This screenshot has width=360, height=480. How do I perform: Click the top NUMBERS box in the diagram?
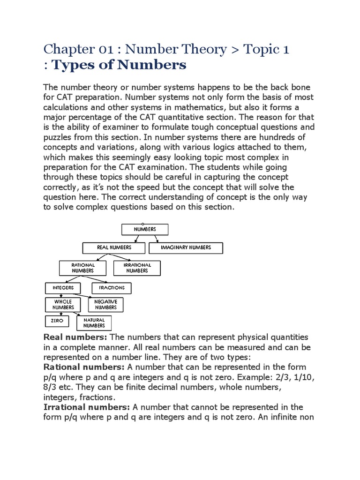click(x=145, y=229)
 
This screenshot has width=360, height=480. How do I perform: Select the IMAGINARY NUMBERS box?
click(x=186, y=247)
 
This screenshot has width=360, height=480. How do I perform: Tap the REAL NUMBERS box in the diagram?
click(x=114, y=247)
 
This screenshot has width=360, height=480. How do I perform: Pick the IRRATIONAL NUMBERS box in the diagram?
click(x=137, y=268)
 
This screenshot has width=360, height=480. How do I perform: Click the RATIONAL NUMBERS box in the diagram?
click(x=83, y=268)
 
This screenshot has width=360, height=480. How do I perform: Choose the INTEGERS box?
click(x=62, y=287)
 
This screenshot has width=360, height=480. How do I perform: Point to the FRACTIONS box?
click(x=112, y=287)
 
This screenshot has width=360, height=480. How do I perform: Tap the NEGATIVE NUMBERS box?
click(x=105, y=305)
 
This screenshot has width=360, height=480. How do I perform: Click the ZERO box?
click(x=56, y=321)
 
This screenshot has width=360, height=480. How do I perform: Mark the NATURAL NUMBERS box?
click(x=94, y=322)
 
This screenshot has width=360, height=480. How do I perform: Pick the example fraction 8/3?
click(x=51, y=387)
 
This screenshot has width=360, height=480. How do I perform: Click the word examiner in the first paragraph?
click(x=129, y=127)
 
